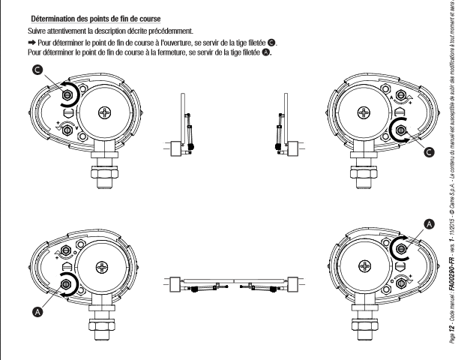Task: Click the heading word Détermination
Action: [x=53, y=19]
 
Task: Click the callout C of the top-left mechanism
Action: [x=37, y=70]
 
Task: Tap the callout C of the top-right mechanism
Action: [x=429, y=152]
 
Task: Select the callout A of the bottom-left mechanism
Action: [x=37, y=312]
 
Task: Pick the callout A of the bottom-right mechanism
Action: [x=430, y=224]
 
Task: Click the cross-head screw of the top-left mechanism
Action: [x=105, y=112]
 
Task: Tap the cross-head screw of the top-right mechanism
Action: [x=364, y=112]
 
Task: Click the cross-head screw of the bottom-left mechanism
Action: [x=102, y=267]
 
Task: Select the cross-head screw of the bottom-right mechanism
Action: [x=365, y=266]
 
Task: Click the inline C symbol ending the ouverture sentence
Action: [x=271, y=43]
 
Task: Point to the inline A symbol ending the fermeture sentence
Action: [x=266, y=52]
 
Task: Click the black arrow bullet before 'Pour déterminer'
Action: [x=31, y=42]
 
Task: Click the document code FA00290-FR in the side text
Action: [x=452, y=274]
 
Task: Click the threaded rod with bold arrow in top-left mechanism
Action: [x=67, y=95]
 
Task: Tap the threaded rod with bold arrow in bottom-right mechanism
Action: [x=401, y=249]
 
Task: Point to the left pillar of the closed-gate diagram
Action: [x=175, y=284]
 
